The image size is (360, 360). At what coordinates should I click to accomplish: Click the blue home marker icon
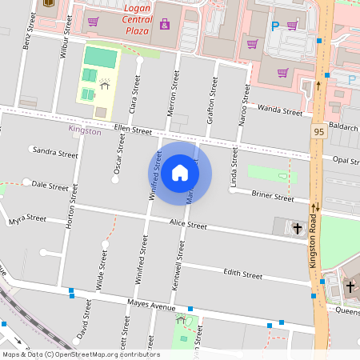(x=180, y=173)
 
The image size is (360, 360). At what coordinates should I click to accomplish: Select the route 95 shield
(x=318, y=131)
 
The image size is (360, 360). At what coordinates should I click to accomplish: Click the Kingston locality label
(x=85, y=130)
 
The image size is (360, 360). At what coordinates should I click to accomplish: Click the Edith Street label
(x=242, y=274)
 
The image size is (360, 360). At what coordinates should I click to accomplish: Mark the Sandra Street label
(x=55, y=152)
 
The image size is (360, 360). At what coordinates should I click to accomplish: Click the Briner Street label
(x=273, y=195)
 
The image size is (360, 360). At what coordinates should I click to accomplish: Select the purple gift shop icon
(x=165, y=24)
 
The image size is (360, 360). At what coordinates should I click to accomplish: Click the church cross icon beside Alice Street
(x=298, y=228)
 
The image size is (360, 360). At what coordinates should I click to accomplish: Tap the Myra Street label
(x=28, y=218)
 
